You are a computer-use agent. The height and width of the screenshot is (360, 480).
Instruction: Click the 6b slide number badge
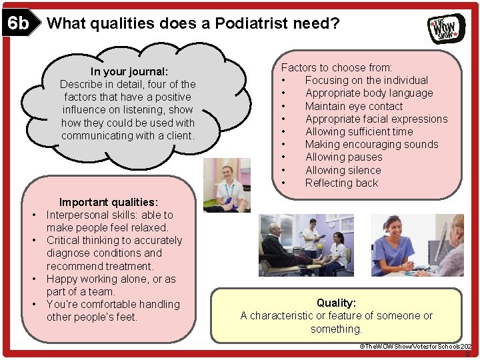pyautogui.click(x=18, y=24)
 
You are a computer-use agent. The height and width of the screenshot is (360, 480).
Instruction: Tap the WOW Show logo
pyautogui.click(x=446, y=28)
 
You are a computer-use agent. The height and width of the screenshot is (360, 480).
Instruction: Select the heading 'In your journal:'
pyautogui.click(x=129, y=71)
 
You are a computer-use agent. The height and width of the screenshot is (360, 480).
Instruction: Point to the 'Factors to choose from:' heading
pyautogui.click(x=336, y=67)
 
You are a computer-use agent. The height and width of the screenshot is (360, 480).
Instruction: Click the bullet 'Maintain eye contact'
pyautogui.click(x=353, y=106)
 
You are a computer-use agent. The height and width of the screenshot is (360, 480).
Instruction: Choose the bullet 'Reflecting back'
pyautogui.click(x=341, y=183)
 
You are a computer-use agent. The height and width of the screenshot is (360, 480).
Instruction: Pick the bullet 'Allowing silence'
pyautogui.click(x=343, y=170)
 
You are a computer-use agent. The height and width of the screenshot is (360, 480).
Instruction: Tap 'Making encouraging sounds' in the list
pyautogui.click(x=371, y=144)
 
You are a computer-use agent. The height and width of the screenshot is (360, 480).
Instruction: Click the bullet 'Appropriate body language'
pyautogui.click(x=369, y=93)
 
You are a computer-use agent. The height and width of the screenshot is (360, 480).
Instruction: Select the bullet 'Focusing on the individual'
pyautogui.click(x=366, y=80)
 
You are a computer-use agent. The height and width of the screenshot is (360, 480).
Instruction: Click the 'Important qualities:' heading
pyautogui.click(x=108, y=202)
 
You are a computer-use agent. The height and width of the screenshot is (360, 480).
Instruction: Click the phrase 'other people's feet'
pyautogui.click(x=91, y=317)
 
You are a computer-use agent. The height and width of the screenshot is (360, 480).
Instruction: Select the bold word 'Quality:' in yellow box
pyautogui.click(x=336, y=303)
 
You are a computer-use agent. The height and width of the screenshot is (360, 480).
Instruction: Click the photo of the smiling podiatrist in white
pyautogui.click(x=227, y=185)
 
